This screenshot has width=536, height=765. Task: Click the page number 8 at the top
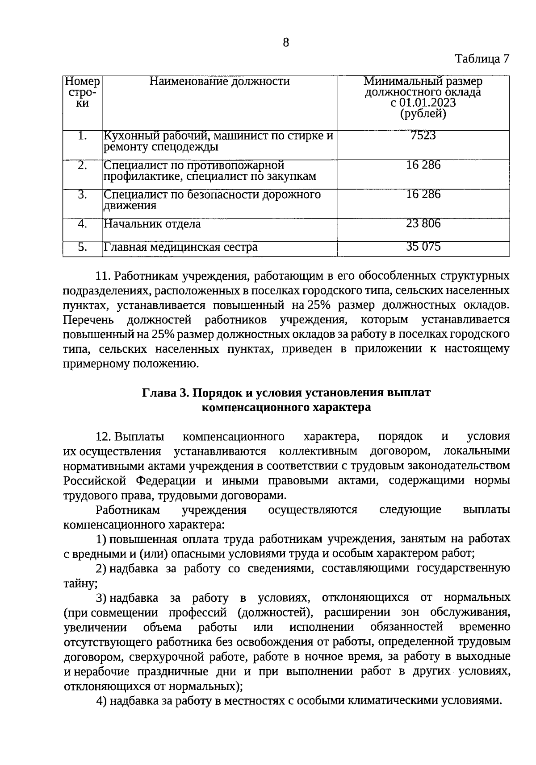pos(286,43)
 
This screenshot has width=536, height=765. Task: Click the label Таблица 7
pos(482,59)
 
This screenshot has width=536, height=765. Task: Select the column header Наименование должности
pos(219,82)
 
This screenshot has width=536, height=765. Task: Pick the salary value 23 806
pos(423,223)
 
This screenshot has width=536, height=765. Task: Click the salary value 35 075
pos(423,247)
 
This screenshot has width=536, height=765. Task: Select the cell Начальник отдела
pos(152,224)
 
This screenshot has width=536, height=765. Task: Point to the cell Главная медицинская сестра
pos(180,247)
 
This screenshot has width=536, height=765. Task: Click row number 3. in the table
pos(82,194)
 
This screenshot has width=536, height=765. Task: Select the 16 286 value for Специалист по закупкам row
pos(423,165)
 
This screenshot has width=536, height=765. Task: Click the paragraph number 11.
pos(103,276)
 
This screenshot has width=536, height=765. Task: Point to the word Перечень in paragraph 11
pos(88,320)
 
